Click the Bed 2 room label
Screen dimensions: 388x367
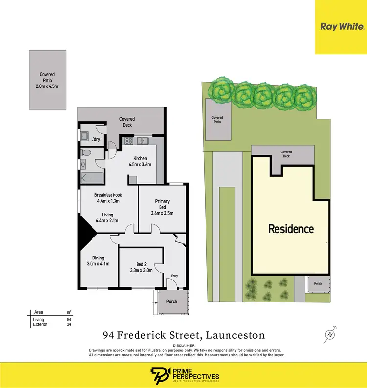pyautogui.click(x=141, y=267)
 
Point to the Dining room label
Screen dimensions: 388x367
pyautogui.click(x=98, y=261)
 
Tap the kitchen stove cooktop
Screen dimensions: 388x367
pyautogui.click(x=129, y=141)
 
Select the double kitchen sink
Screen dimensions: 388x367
pyautogui.click(x=143, y=141)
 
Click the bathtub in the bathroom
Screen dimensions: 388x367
pyautogui.click(x=91, y=178)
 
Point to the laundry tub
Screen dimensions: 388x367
pyautogui.click(x=84, y=136)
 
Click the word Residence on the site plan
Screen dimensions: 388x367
pyautogui.click(x=291, y=228)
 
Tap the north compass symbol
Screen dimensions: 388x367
pyautogui.click(x=332, y=334)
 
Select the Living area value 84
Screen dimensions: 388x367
pyautogui.click(x=69, y=320)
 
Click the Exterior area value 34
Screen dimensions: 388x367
pyautogui.click(x=69, y=324)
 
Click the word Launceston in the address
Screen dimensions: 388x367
pyautogui.click(x=235, y=335)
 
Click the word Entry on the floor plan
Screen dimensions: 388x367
pyautogui.click(x=174, y=276)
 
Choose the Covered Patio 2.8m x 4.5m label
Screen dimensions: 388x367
pyautogui.click(x=47, y=81)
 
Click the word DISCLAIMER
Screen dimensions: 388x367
pyautogui.click(x=183, y=345)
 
